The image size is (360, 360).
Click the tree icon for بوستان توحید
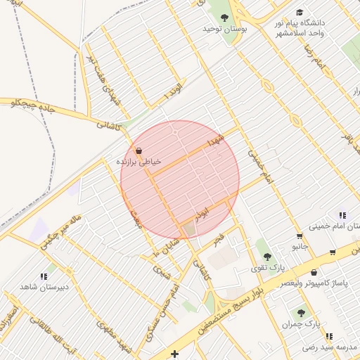(x=224, y=18)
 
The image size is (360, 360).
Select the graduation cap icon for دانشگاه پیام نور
(x=300, y=12)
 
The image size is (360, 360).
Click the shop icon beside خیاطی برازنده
(x=138, y=150)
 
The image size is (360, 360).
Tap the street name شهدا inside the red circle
(x=214, y=141)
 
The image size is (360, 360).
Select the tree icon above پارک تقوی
(x=265, y=257)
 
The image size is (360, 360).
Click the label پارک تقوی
(x=268, y=269)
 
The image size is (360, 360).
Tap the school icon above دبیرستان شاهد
(x=44, y=276)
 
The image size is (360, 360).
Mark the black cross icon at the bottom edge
(x=174, y=353)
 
